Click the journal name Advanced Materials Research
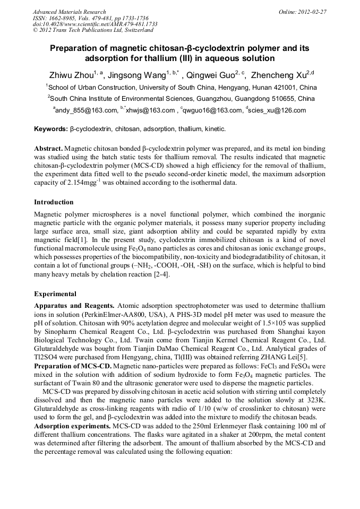tap(69, 11)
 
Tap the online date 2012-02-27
tap(311, 11)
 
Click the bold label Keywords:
tap(51, 129)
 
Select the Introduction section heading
tap(54, 202)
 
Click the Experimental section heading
tap(55, 294)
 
